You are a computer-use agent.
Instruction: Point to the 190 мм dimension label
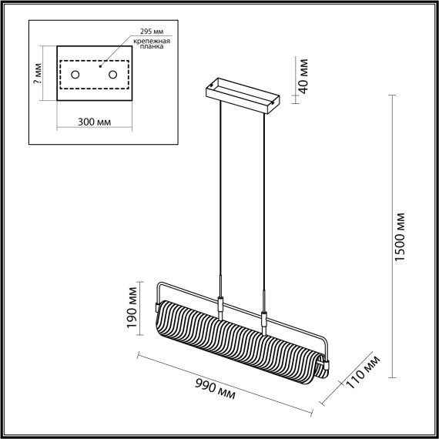tap(132, 307)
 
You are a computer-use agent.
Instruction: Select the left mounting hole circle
tap(77, 75)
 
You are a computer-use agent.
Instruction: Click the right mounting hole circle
tap(114, 75)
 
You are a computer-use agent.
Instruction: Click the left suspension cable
tap(220, 193)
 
